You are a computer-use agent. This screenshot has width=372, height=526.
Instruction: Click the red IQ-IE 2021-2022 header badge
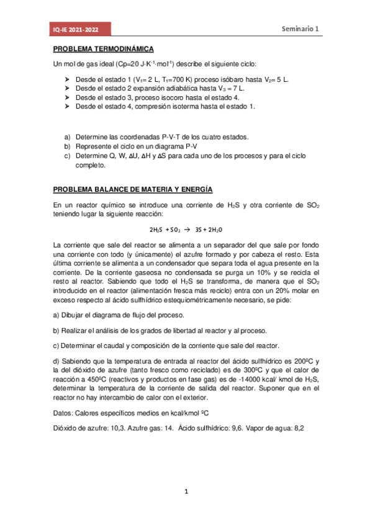pos(81,29)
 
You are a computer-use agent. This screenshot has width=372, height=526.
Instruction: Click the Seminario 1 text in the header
pos(301,29)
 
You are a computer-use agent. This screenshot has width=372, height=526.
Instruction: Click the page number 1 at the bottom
pos(186,492)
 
